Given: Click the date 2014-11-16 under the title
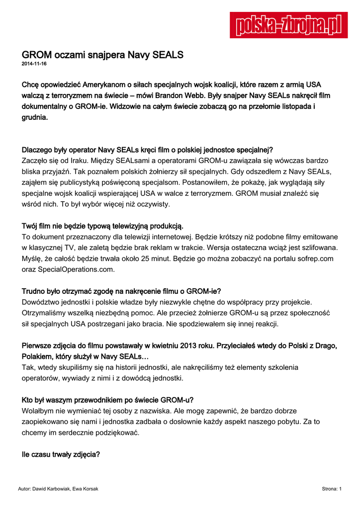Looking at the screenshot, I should [34, 64].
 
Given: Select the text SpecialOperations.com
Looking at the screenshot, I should [76, 269].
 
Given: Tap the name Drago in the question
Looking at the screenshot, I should [326, 345].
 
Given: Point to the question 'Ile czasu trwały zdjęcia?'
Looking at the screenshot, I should [61, 453].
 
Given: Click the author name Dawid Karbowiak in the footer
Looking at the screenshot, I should [52, 489].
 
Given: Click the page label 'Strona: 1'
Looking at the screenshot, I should [331, 489].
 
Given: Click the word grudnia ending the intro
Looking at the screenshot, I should [34, 117].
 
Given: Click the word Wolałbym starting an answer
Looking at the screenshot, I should [41, 411].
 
